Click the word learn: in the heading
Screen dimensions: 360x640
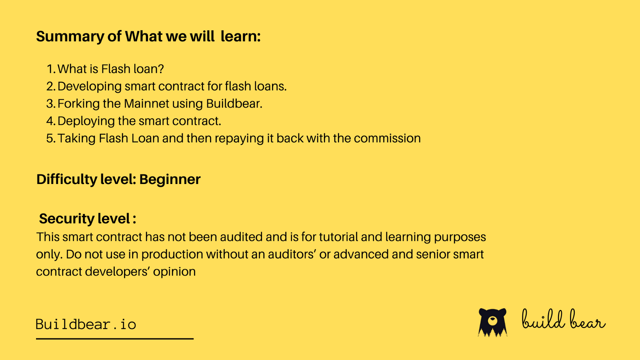pyautogui.click(x=241, y=37)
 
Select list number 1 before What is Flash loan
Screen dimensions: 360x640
pyautogui.click(x=50, y=69)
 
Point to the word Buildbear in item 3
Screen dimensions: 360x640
pyautogui.click(x=234, y=104)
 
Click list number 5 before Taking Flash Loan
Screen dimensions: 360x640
pyautogui.click(x=50, y=138)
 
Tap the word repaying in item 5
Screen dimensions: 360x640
pyautogui.click(x=239, y=139)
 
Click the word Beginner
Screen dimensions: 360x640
pyautogui.click(x=170, y=180)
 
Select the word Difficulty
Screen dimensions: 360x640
pyautogui.click(x=66, y=180)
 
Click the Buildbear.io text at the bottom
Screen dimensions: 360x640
pyautogui.click(x=86, y=324)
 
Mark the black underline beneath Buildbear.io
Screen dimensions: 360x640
pyautogui.click(x=115, y=339)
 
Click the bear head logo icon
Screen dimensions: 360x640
pyautogui.click(x=492, y=322)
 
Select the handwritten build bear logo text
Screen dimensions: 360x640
pyautogui.click(x=563, y=320)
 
